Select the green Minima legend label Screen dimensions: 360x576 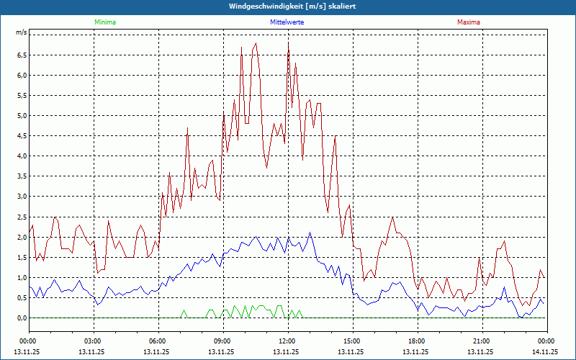click(104, 22)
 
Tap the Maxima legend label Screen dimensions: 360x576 click(468, 22)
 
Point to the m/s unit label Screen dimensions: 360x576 click(21, 33)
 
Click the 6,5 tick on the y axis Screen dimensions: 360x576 click(22, 55)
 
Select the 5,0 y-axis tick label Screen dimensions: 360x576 click(22, 115)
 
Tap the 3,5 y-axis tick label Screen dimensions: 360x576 click(22, 176)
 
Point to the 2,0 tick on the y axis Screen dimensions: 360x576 click(22, 237)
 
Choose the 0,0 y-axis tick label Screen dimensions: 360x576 click(22, 318)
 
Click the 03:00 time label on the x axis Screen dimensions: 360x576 click(93, 341)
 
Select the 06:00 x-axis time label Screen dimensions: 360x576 click(158, 341)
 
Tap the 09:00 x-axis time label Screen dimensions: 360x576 click(222, 341)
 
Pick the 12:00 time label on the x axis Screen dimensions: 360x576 click(287, 341)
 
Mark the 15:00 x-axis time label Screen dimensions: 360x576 click(352, 341)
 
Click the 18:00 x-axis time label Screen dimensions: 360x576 click(417, 341)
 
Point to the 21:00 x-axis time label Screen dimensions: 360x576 click(482, 341)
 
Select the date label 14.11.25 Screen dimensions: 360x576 click(545, 352)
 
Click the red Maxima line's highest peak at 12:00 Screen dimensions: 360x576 click(289, 43)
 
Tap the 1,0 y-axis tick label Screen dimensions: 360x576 click(22, 277)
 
